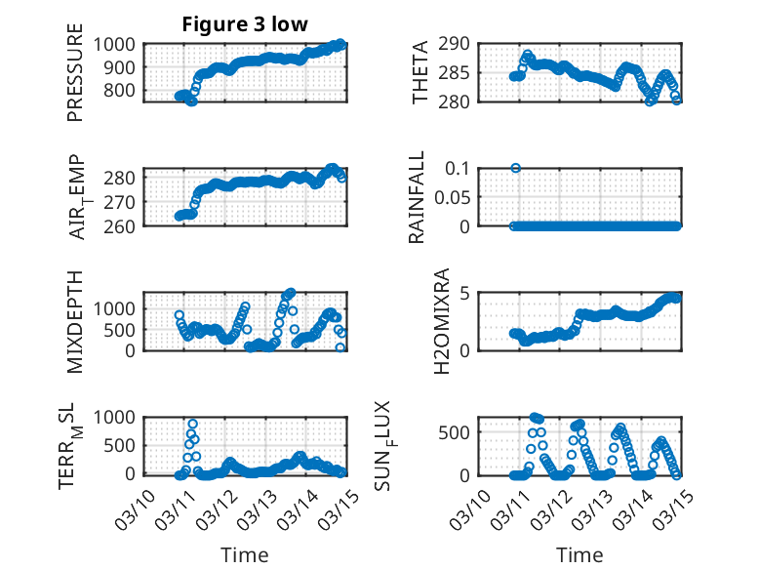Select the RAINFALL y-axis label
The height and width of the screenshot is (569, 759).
coord(417,197)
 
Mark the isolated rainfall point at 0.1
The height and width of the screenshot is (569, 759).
coord(515,168)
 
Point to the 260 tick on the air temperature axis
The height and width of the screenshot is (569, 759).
coord(127,225)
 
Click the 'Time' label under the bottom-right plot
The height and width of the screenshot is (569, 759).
coord(579,554)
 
